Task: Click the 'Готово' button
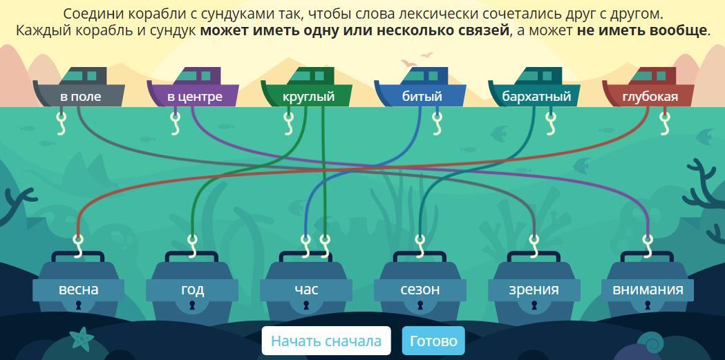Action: (433, 341)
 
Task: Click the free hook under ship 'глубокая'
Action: (665, 122)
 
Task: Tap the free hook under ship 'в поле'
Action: (61, 122)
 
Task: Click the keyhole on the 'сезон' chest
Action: (420, 305)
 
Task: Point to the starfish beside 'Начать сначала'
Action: (83, 338)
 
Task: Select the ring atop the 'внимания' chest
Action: (648, 239)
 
